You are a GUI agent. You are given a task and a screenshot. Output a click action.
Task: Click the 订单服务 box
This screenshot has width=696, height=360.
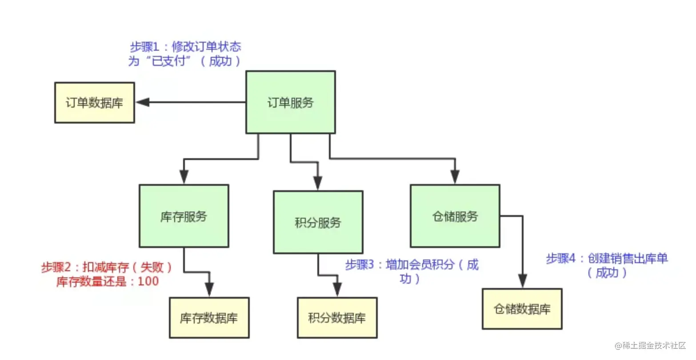(x=291, y=102)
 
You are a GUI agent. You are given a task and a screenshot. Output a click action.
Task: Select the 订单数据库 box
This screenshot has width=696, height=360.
(x=95, y=103)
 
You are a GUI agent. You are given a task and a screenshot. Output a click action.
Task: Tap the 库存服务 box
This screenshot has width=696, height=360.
(x=184, y=216)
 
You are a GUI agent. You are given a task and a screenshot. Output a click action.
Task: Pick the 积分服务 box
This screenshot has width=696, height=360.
(x=318, y=222)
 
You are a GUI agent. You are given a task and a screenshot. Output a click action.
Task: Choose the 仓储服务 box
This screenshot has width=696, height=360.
(x=455, y=216)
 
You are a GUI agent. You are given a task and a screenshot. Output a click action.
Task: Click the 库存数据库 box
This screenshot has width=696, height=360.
(x=209, y=318)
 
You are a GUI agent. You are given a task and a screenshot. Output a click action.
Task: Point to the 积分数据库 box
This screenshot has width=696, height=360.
(x=337, y=318)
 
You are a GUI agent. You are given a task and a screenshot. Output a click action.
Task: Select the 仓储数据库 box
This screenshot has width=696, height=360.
(x=522, y=309)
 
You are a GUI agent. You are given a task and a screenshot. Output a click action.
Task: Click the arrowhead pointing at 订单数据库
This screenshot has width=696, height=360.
(x=143, y=102)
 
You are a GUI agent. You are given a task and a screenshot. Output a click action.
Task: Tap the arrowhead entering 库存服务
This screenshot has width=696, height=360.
(x=184, y=177)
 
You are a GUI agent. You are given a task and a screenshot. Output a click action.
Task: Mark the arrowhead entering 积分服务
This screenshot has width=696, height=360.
(x=317, y=183)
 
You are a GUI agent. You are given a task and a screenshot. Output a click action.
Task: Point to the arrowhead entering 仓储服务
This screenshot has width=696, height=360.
(x=455, y=177)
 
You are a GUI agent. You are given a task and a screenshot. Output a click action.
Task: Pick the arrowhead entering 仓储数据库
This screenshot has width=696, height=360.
(x=523, y=281)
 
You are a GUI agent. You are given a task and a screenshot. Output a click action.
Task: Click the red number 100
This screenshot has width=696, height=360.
(x=148, y=281)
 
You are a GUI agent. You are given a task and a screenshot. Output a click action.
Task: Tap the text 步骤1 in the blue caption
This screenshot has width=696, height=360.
(x=144, y=47)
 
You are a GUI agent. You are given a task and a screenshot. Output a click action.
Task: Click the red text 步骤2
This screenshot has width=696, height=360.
(x=56, y=267)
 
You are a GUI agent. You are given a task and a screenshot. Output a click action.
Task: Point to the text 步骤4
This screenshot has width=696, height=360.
(x=561, y=258)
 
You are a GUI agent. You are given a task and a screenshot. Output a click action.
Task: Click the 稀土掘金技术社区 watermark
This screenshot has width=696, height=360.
(x=650, y=345)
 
